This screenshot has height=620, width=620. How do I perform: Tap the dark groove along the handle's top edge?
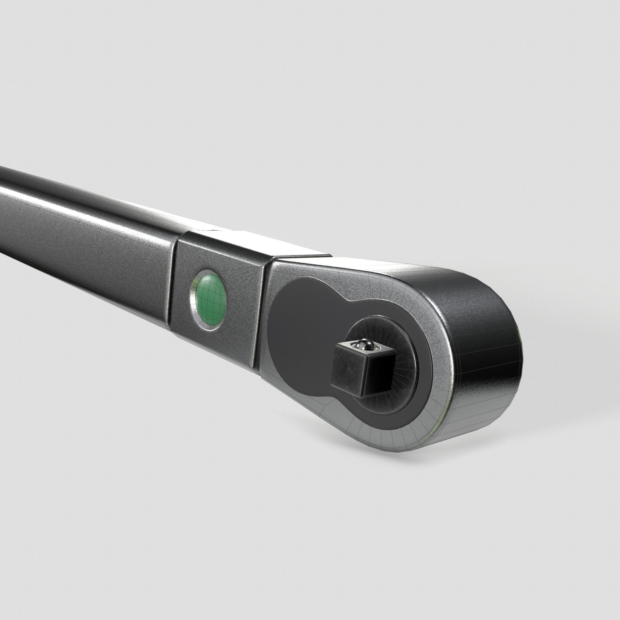click(x=64, y=189)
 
